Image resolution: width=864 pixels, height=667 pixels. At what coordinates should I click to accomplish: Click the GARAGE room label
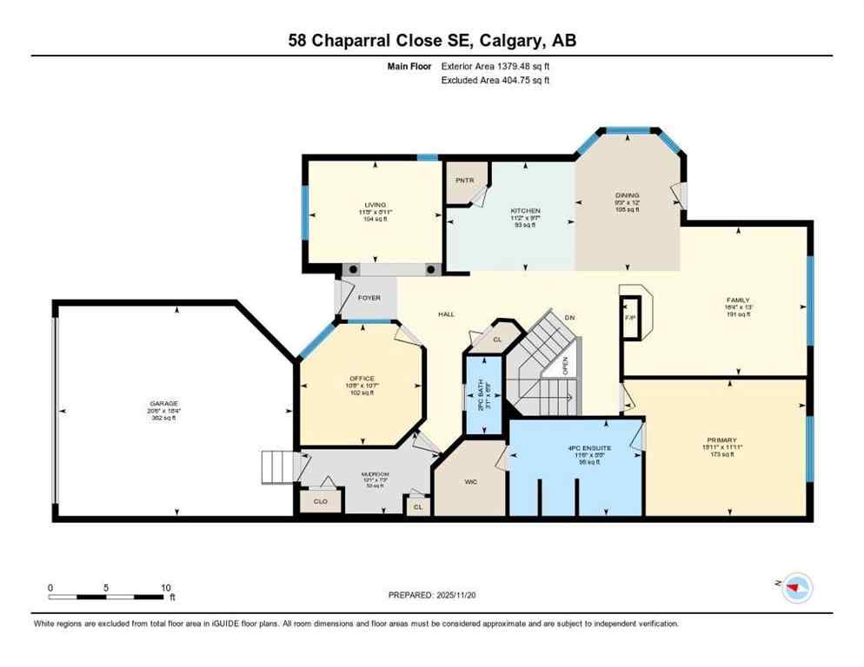163,404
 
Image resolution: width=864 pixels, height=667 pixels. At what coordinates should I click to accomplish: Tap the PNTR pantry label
462,181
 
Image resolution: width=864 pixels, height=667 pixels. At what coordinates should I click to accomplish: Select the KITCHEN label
525,211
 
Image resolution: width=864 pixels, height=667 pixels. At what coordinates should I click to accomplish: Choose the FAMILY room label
738,300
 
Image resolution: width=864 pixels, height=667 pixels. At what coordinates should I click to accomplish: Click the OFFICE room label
362,379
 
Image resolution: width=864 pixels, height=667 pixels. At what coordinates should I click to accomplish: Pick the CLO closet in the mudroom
321,502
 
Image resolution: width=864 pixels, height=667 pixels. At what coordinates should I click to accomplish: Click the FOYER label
369,298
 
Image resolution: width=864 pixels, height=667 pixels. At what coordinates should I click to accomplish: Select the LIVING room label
375,205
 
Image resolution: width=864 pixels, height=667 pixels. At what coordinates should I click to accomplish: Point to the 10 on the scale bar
165,587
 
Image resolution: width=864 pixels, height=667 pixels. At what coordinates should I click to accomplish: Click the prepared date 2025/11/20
459,595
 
